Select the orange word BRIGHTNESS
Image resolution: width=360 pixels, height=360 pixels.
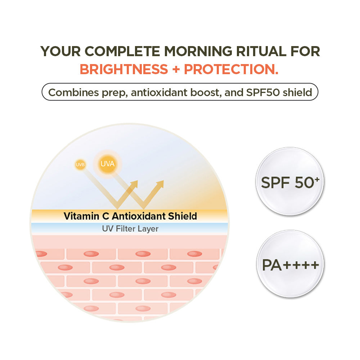[x=123, y=69]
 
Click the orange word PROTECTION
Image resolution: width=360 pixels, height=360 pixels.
[x=231, y=69]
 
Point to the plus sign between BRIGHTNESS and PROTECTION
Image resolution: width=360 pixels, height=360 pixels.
[x=176, y=69]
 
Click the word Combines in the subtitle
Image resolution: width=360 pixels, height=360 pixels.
[x=70, y=92]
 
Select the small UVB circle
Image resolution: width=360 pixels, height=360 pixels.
[x=80, y=165]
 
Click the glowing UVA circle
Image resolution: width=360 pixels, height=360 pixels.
[x=107, y=164]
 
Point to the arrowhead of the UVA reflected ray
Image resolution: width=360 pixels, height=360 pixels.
[x=160, y=184]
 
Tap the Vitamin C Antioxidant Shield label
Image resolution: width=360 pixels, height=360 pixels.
[x=130, y=216]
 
